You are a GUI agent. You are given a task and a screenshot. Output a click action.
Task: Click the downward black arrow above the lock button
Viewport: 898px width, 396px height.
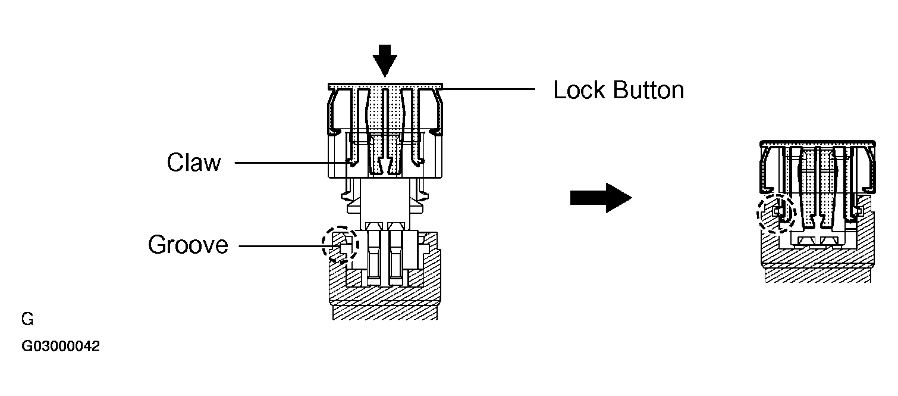(x=384, y=60)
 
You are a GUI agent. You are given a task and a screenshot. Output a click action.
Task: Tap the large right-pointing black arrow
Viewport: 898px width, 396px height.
(x=601, y=198)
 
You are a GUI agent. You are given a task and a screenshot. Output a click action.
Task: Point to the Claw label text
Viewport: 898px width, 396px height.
(x=194, y=163)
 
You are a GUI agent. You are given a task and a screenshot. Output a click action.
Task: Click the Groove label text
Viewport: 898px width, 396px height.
(x=188, y=245)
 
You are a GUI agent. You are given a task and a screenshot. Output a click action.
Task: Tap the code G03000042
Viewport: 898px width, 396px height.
(x=61, y=346)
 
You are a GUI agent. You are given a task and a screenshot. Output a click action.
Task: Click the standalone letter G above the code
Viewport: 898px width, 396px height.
(x=27, y=319)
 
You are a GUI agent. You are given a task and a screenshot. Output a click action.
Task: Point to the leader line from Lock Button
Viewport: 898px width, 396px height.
(x=489, y=89)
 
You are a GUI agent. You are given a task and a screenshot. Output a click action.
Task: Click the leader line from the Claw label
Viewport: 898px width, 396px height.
(x=291, y=163)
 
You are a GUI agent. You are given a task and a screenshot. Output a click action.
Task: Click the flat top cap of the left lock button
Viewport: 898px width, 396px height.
(x=385, y=86)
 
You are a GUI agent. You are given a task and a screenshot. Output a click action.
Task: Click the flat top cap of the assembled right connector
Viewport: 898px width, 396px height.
(x=818, y=144)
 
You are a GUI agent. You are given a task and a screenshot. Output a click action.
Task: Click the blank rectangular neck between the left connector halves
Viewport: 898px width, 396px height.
(x=385, y=203)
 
